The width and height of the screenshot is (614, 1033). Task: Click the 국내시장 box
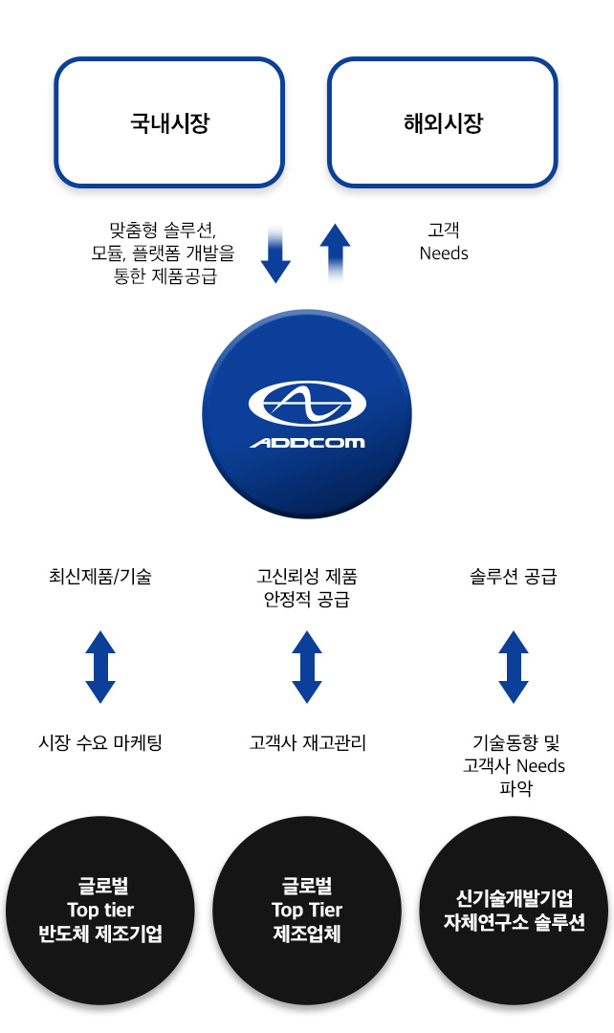(x=169, y=122)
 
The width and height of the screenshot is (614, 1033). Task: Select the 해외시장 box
(x=443, y=122)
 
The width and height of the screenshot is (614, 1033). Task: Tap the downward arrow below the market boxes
(x=275, y=255)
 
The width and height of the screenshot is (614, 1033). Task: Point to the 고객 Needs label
(x=444, y=242)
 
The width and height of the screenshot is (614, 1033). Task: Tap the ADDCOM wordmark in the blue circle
(x=307, y=443)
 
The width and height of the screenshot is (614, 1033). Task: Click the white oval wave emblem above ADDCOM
(x=307, y=403)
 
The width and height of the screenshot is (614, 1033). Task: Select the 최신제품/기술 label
(x=100, y=577)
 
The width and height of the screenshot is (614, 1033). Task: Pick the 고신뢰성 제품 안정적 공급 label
(x=307, y=588)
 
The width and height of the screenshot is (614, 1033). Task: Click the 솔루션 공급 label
(x=514, y=577)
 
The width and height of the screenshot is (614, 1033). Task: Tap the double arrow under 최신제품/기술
(x=100, y=667)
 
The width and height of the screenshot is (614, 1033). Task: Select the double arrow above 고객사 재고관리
(x=307, y=667)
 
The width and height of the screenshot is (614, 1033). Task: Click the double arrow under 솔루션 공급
(x=514, y=667)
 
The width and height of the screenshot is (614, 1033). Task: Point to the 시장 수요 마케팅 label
(x=100, y=743)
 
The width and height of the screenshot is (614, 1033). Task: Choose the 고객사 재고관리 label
(x=307, y=743)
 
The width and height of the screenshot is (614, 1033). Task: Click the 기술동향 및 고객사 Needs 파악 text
(x=515, y=765)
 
